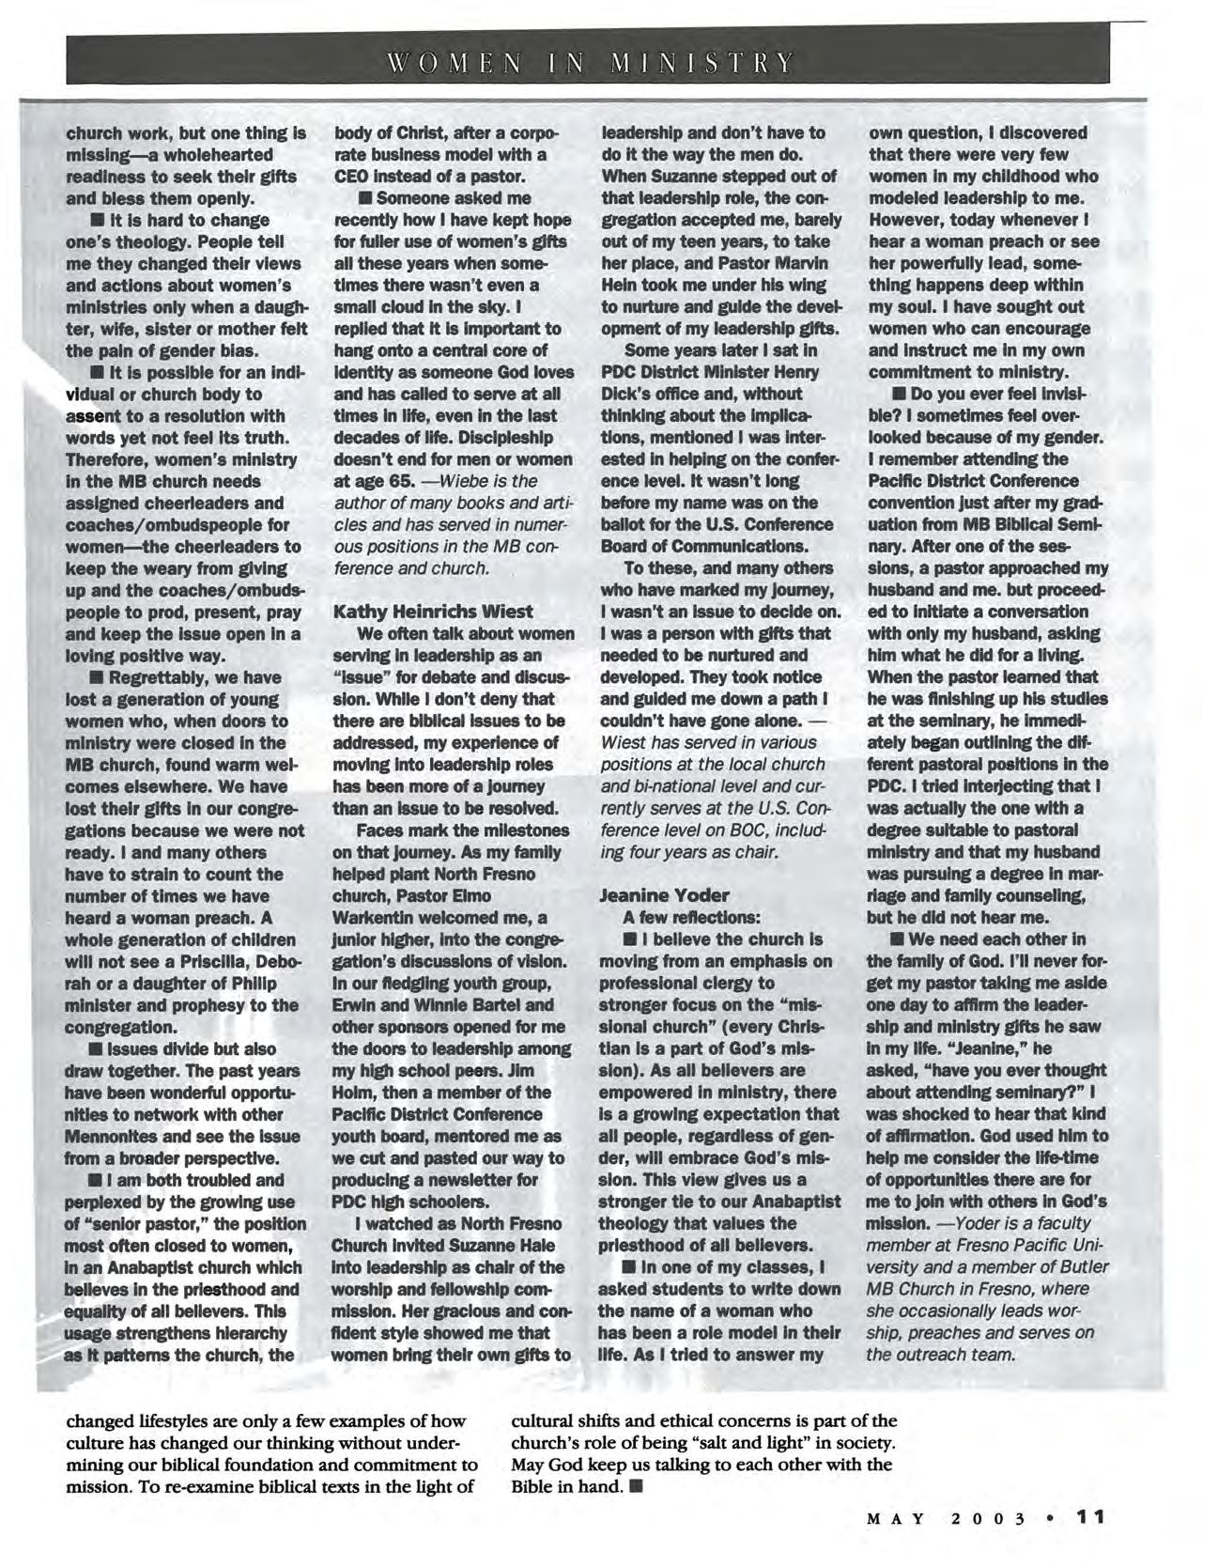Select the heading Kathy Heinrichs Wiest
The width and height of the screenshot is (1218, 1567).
coord(433,611)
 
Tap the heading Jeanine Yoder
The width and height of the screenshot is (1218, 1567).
coord(664,894)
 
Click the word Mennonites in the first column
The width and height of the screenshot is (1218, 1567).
coord(106,1136)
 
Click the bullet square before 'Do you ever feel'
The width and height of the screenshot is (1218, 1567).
coord(899,395)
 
